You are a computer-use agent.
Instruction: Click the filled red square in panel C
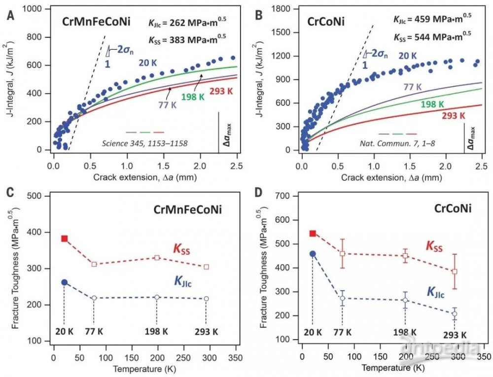(64, 239)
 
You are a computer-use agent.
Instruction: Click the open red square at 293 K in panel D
(455, 272)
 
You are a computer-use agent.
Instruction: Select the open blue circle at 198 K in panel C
(157, 297)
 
